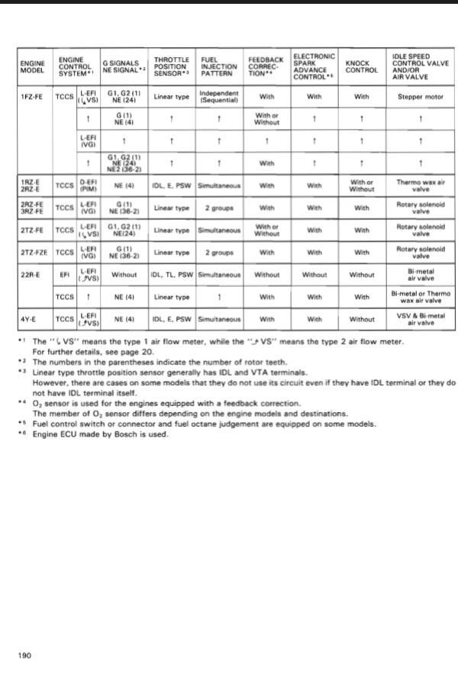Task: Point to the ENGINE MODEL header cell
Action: pyautogui.click(x=33, y=66)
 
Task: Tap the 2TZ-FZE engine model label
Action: pyautogui.click(x=33, y=251)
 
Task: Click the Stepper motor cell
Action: pyautogui.click(x=421, y=98)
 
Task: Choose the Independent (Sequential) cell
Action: pyautogui.click(x=219, y=98)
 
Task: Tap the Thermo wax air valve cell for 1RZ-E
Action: pyautogui.click(x=421, y=186)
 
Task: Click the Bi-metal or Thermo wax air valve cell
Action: pyautogui.click(x=421, y=295)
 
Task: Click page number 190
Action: pyautogui.click(x=24, y=655)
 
